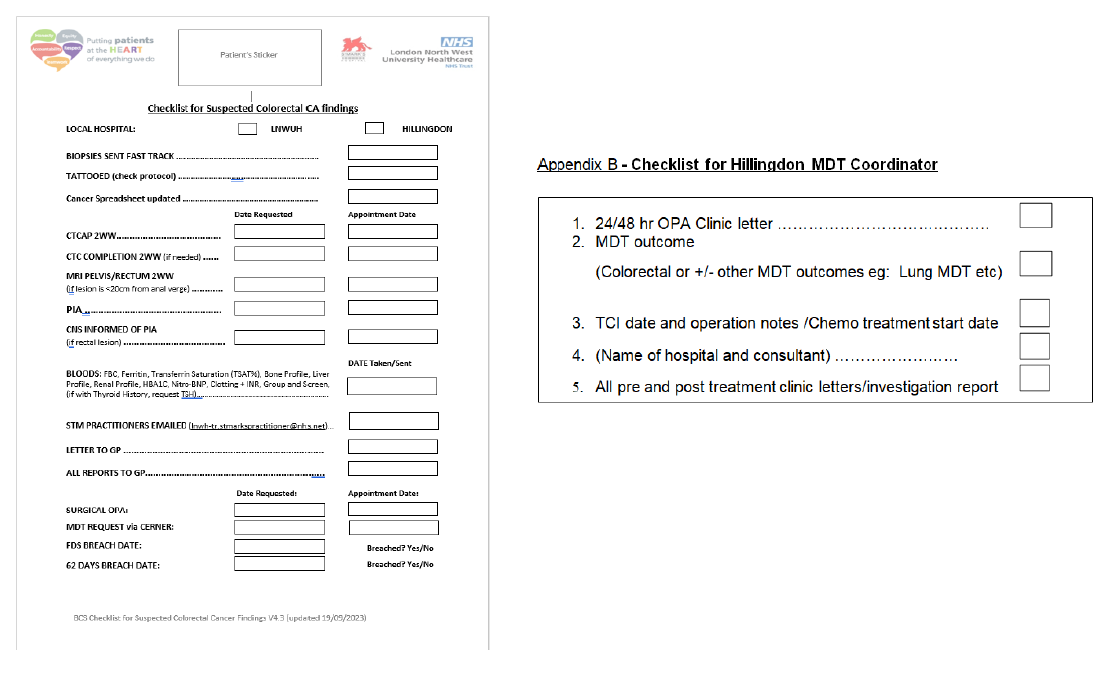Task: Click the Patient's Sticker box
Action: click(249, 57)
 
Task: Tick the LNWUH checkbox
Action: click(248, 128)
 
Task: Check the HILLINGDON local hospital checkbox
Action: click(374, 128)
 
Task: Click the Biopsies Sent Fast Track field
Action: click(392, 153)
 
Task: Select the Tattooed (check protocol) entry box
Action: click(392, 173)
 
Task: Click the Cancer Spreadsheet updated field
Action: click(392, 196)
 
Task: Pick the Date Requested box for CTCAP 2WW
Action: click(279, 231)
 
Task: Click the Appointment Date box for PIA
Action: click(392, 308)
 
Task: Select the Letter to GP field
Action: click(392, 446)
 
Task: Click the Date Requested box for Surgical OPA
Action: click(279, 510)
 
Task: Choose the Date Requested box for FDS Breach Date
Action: click(279, 546)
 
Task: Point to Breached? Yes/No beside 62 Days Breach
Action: click(400, 564)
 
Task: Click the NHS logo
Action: click(457, 42)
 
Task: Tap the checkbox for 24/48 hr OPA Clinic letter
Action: click(1035, 215)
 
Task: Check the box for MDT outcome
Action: click(1035, 263)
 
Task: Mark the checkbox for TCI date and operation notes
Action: click(1035, 313)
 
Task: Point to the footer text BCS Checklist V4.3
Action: click(219, 618)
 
